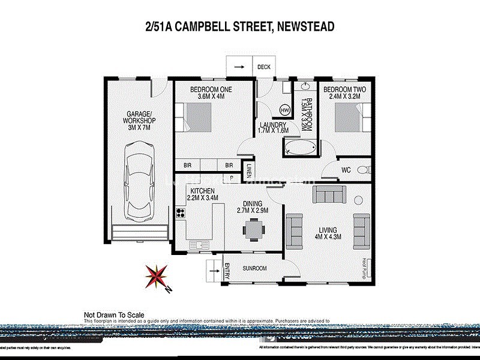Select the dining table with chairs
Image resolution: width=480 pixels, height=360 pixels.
pos(253,228)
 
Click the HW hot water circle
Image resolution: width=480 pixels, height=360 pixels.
pos(285,110)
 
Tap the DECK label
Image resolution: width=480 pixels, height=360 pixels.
pos(264,67)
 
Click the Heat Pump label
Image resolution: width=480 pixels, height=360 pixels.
pos(364,266)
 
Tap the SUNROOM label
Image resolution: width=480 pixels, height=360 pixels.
pos(255,268)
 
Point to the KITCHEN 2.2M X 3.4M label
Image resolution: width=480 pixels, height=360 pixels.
pos(202,193)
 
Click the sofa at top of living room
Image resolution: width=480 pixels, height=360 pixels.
pos(329,194)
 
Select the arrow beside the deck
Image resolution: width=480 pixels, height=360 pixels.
pos(239,67)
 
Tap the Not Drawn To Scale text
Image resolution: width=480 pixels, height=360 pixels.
pos(113,314)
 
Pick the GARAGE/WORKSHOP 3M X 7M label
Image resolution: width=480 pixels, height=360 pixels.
pos(139,121)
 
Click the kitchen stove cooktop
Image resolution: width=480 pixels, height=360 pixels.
pos(179,212)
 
